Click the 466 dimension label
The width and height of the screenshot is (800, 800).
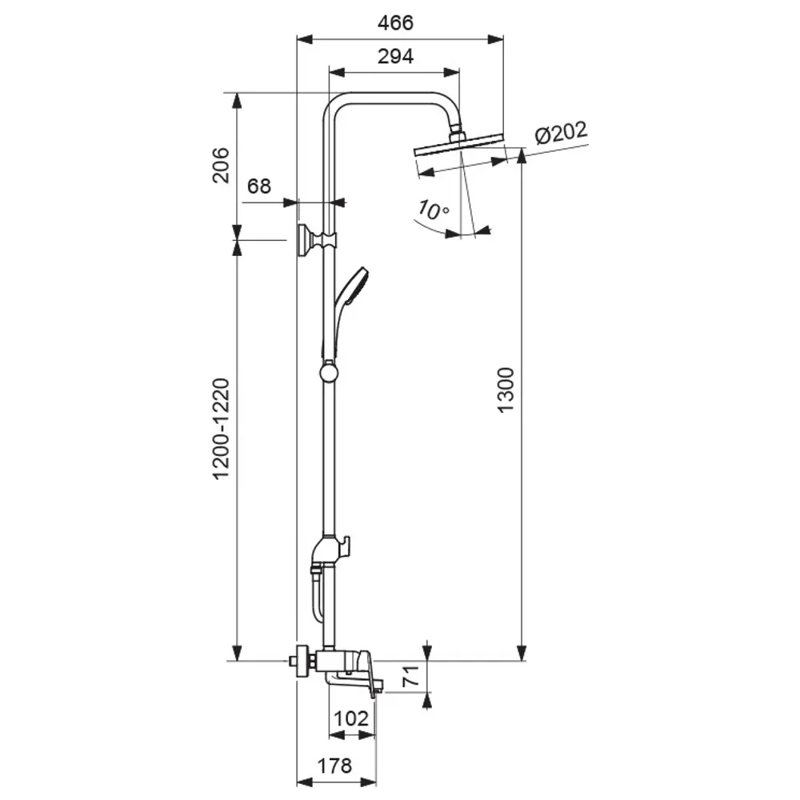pyautogui.click(x=396, y=23)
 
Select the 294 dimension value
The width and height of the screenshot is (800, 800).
pyautogui.click(x=396, y=57)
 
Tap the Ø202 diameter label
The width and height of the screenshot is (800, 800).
pyautogui.click(x=561, y=133)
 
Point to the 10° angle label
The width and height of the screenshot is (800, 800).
pyautogui.click(x=433, y=210)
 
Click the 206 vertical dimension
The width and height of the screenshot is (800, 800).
pyautogui.click(x=221, y=166)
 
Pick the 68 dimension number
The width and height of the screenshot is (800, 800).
pyautogui.click(x=259, y=187)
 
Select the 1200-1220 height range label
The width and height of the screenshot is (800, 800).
pyautogui.click(x=221, y=429)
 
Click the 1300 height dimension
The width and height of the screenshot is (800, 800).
pyautogui.click(x=506, y=390)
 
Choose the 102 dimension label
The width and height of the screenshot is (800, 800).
pyautogui.click(x=352, y=718)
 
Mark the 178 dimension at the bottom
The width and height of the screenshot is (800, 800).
pyautogui.click(x=334, y=766)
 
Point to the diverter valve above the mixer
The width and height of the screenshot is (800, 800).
pyautogui.click(x=329, y=550)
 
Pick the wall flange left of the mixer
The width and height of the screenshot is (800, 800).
pyautogui.click(x=302, y=662)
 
